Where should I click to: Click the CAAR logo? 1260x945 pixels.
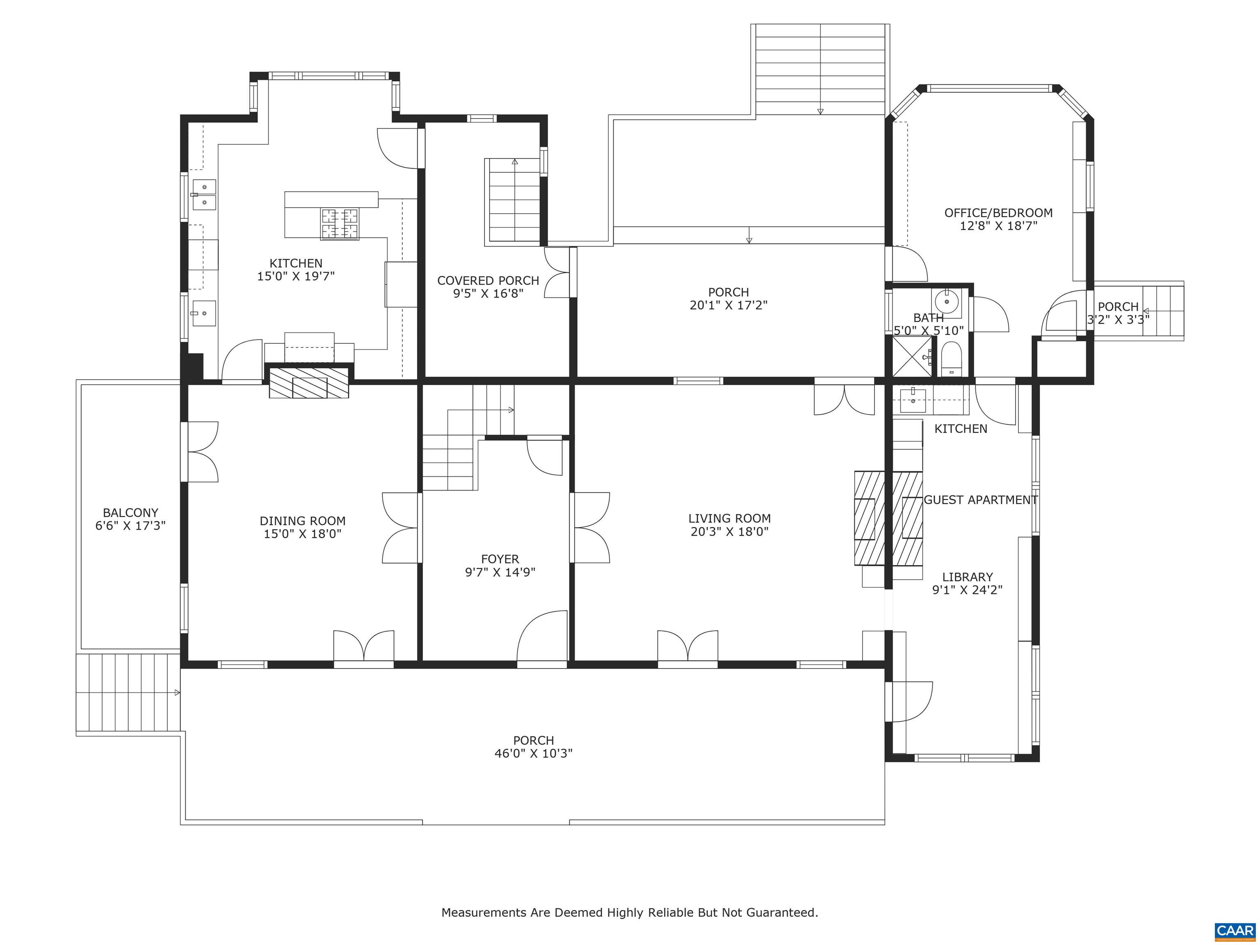(1235, 931)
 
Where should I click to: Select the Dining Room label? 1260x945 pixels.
(302, 520)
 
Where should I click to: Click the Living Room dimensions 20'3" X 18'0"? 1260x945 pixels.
(730, 532)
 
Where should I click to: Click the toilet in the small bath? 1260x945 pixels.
(951, 357)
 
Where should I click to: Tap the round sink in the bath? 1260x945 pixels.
(947, 300)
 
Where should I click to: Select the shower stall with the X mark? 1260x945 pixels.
(911, 356)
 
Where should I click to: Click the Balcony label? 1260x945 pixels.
(130, 513)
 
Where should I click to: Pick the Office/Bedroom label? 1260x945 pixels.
(998, 213)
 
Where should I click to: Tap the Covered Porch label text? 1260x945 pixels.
(488, 280)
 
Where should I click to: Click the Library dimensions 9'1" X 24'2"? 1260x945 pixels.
(967, 590)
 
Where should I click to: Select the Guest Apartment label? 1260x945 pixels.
(980, 500)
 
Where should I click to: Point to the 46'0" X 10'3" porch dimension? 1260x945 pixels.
(533, 753)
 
